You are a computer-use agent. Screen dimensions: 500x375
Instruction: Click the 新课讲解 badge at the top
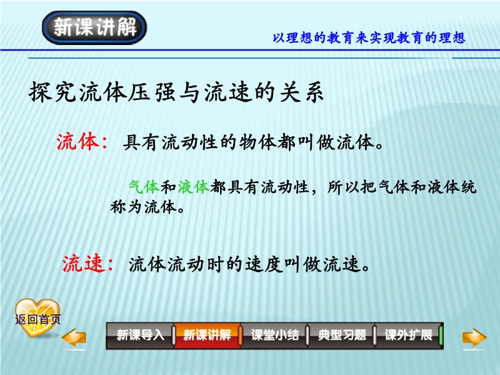click(x=94, y=27)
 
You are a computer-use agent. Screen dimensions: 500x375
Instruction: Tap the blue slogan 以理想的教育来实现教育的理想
click(x=369, y=38)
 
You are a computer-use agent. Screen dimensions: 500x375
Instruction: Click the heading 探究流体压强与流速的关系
click(x=176, y=92)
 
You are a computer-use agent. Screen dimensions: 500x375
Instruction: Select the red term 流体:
click(x=82, y=142)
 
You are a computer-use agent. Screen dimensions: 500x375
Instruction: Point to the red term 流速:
click(x=88, y=264)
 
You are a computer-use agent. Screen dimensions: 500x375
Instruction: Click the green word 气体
click(x=144, y=187)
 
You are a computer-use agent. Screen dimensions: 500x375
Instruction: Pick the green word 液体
click(x=194, y=187)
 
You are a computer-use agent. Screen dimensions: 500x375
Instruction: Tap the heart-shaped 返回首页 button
click(x=37, y=318)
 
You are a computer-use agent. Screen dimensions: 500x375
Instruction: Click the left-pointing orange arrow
click(x=74, y=337)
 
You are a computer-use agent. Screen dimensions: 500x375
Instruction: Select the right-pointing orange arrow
click(x=474, y=337)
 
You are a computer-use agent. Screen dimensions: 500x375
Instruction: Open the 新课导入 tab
click(x=140, y=336)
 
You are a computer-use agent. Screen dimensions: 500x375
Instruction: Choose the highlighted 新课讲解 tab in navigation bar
click(x=207, y=336)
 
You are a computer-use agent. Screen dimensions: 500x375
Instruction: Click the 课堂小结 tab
click(x=274, y=336)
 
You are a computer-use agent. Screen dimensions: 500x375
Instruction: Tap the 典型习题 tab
click(x=341, y=336)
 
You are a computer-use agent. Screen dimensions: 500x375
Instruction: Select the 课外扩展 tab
click(x=409, y=336)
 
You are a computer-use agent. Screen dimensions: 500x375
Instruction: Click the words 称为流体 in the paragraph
click(x=144, y=207)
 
